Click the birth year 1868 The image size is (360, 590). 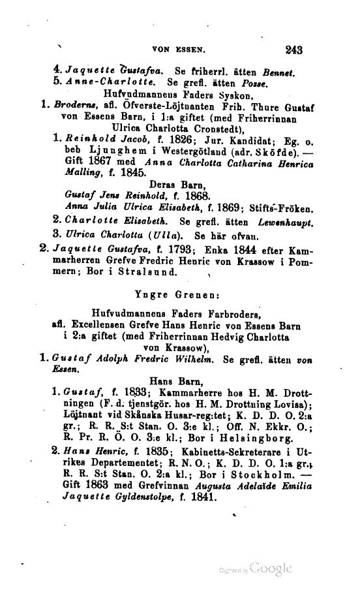[194, 196]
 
